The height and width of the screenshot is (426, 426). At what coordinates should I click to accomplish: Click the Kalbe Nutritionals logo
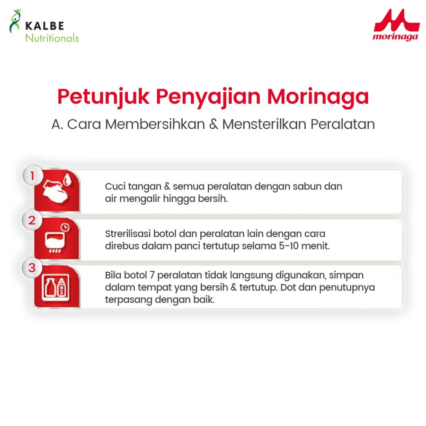(x=44, y=27)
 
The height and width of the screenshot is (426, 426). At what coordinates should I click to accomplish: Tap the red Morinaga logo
(x=395, y=26)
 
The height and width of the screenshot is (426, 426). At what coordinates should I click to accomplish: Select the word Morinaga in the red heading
(x=318, y=97)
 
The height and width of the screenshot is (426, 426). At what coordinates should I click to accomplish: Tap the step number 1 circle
(x=32, y=176)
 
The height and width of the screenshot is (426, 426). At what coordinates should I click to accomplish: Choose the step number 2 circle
(x=32, y=220)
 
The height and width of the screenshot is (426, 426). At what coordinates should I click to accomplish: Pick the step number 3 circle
(x=32, y=268)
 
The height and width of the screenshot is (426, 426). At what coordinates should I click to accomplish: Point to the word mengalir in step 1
(x=141, y=199)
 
